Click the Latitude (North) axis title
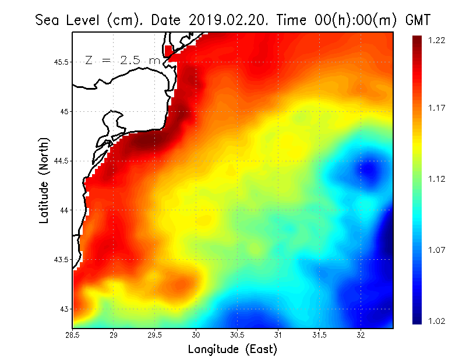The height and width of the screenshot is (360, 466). pyautogui.click(x=44, y=181)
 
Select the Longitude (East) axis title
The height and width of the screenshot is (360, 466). pyautogui.click(x=232, y=349)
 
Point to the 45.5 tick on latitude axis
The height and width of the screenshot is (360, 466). pyautogui.click(x=61, y=62)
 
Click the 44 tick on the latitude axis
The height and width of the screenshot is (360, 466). pyautogui.click(x=63, y=210)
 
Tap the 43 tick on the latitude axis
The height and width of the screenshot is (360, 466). pyautogui.click(x=63, y=309)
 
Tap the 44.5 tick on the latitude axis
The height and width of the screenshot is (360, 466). pyautogui.click(x=61, y=161)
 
